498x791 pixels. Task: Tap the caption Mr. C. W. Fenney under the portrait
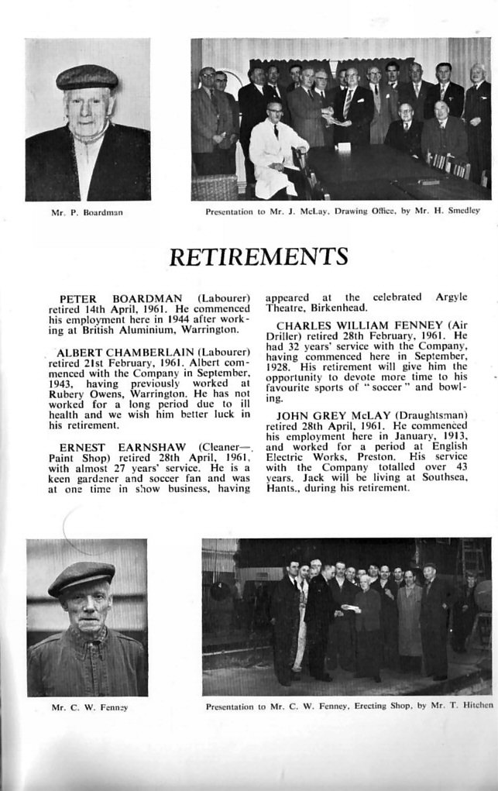pyautogui.click(x=85, y=707)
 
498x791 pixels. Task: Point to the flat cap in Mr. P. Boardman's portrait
pyautogui.click(x=87, y=77)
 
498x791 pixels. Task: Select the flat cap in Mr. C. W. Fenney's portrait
pyautogui.click(x=81, y=578)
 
